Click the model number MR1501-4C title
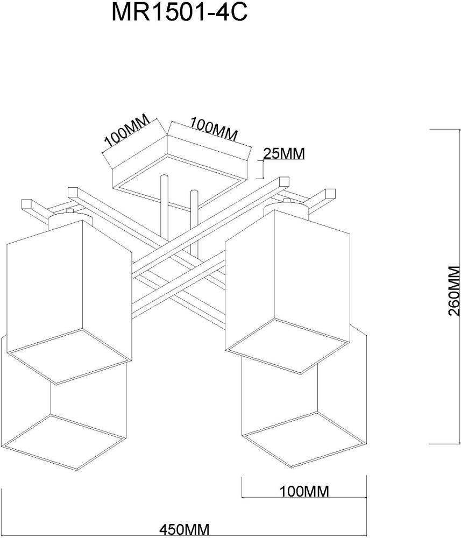point(179,13)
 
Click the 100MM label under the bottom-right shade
point(304,491)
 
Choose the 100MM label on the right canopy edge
point(214,130)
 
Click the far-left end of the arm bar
point(27,205)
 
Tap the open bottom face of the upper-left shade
point(70,358)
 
